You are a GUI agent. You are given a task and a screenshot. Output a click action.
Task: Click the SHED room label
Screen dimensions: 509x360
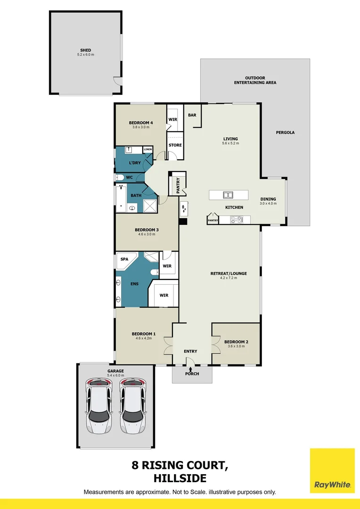[x=85, y=50]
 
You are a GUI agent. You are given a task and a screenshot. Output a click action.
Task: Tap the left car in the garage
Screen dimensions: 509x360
[x=98, y=406]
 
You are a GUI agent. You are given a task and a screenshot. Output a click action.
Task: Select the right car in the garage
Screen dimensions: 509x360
[x=132, y=406]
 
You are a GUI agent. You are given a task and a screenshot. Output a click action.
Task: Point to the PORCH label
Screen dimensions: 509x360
[x=192, y=374]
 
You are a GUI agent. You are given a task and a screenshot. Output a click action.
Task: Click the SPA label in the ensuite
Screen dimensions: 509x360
[x=124, y=259]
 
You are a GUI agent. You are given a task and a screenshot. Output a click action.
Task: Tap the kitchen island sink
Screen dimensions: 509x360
[x=228, y=195]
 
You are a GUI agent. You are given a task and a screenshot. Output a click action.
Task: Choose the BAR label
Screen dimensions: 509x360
[x=192, y=115]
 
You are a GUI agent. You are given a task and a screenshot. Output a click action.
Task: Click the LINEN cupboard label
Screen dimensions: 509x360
[x=148, y=149]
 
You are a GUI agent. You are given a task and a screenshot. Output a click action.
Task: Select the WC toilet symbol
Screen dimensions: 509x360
[x=120, y=178]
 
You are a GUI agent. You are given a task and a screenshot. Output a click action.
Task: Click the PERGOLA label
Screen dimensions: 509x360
[x=285, y=132]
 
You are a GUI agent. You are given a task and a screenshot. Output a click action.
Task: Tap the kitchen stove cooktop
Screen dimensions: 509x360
[x=236, y=219]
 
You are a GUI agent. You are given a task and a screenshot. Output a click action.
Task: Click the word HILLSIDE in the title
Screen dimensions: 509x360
[x=180, y=478]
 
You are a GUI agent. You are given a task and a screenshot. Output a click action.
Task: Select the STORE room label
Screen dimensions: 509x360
[x=175, y=145]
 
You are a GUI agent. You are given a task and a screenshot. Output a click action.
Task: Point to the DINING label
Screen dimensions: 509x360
[x=268, y=199]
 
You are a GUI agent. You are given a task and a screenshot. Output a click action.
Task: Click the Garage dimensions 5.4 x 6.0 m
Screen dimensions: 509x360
[x=115, y=376]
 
